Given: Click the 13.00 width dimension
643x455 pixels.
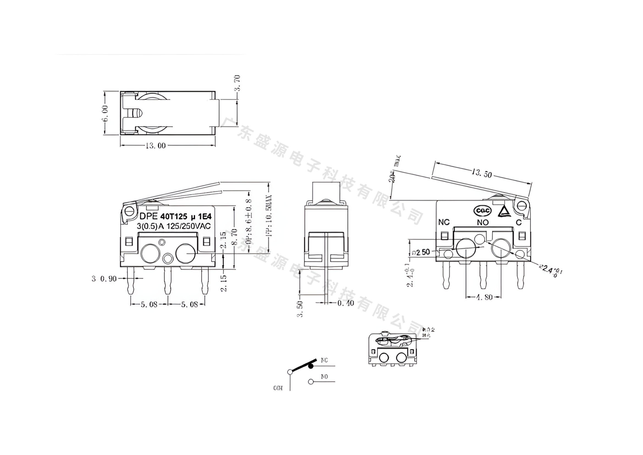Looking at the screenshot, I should (x=155, y=146).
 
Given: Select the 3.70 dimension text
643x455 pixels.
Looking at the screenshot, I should (x=237, y=83).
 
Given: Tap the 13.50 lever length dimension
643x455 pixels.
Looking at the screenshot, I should (x=481, y=174).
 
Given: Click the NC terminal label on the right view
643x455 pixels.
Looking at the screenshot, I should (x=444, y=222).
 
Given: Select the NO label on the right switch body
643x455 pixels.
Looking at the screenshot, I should (x=483, y=223).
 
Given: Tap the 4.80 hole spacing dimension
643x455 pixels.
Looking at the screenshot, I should (x=484, y=297).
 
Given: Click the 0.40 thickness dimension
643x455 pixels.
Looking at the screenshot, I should (x=346, y=303).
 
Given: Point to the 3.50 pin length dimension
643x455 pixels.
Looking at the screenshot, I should (x=300, y=309).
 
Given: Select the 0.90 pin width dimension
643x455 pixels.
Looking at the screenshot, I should (x=108, y=278).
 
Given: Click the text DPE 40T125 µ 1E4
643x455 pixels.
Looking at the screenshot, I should (x=176, y=216).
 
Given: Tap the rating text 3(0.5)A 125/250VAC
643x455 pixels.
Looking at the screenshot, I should (x=174, y=226).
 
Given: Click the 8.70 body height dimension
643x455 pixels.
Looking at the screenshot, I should (x=235, y=237).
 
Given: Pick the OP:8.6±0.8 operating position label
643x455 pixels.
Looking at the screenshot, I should (x=249, y=221).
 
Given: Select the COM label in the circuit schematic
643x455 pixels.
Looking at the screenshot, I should (x=278, y=388).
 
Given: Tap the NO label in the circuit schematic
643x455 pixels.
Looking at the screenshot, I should (x=324, y=377).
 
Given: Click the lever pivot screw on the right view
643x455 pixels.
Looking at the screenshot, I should (x=521, y=206).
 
